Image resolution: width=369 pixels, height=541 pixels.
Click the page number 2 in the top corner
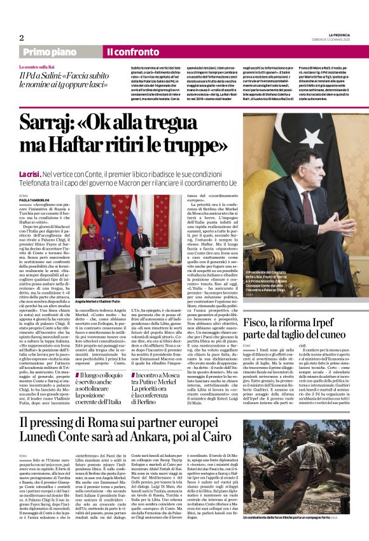22,38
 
